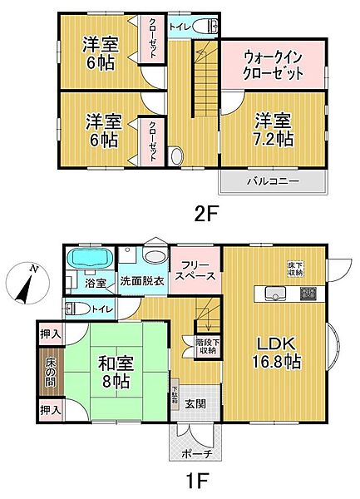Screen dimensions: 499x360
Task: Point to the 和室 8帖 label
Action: click(118, 372)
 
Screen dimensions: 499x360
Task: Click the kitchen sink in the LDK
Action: click(274, 292)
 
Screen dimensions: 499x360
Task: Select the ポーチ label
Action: click(196, 454)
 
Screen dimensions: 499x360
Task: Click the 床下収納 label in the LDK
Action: click(295, 269)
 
